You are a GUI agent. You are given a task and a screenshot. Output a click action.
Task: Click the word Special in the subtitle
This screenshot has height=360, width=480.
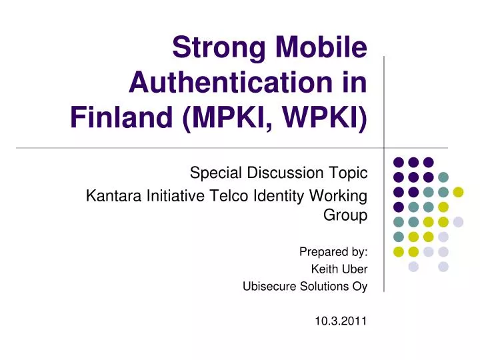tap(213, 173)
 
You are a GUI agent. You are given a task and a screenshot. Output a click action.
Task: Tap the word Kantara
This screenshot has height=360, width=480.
tap(110, 196)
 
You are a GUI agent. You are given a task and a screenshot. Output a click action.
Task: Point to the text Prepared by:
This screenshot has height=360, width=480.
tap(333, 252)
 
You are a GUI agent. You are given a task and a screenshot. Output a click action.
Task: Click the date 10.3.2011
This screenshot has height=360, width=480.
tap(341, 321)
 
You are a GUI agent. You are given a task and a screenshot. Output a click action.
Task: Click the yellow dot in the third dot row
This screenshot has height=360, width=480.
tap(458, 192)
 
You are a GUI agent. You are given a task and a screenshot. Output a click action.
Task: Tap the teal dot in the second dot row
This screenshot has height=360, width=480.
tap(443, 177)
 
